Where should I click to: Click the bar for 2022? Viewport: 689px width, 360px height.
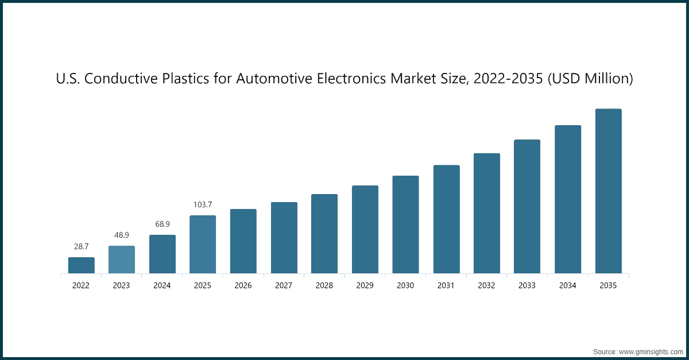(x=81, y=265)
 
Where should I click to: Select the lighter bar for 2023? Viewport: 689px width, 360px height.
(x=122, y=260)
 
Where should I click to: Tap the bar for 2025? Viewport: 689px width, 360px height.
(x=203, y=245)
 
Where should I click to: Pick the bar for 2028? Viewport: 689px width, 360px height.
(x=324, y=234)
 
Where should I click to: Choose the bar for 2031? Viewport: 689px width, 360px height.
(x=446, y=219)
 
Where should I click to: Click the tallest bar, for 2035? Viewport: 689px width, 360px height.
(x=608, y=191)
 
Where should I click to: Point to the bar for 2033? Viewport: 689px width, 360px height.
(x=527, y=207)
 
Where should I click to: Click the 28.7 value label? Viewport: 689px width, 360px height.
(x=81, y=246)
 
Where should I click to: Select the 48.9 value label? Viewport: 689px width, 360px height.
(x=122, y=235)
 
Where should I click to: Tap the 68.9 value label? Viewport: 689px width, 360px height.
(x=162, y=224)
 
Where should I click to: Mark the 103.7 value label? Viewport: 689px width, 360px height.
(x=203, y=204)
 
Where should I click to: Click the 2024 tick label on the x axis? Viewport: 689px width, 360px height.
(x=162, y=285)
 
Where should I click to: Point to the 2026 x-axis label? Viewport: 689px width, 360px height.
(x=243, y=285)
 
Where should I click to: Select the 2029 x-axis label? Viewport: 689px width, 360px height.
(x=365, y=285)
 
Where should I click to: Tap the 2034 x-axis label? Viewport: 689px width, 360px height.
(x=567, y=285)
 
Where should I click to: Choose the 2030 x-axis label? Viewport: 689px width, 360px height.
(x=405, y=285)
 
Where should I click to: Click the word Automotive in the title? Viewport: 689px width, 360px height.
(x=274, y=79)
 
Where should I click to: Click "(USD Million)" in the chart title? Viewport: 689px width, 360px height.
(x=590, y=79)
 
